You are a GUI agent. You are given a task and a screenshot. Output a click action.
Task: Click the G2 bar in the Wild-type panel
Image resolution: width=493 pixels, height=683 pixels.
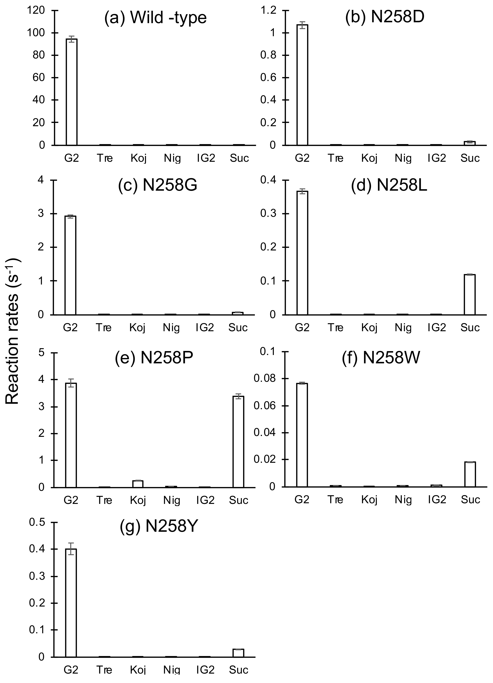pos(72,92)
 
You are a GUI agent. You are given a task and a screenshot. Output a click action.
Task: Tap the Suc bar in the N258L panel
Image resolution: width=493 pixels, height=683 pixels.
pos(470,295)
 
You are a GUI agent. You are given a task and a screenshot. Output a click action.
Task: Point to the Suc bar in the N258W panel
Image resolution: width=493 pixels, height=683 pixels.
pos(470,474)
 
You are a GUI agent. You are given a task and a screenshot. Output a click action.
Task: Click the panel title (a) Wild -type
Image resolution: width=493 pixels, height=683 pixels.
pos(155,18)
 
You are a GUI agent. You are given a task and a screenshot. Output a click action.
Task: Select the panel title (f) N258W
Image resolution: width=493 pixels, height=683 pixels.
pos(381,358)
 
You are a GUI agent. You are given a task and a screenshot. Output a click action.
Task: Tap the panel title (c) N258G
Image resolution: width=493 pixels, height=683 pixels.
pos(158,185)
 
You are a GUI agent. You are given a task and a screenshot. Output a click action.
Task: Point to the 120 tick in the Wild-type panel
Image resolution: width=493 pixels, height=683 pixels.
pos(36,10)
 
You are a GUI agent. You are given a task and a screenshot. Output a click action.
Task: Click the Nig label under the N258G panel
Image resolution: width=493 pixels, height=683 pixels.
pos(171,328)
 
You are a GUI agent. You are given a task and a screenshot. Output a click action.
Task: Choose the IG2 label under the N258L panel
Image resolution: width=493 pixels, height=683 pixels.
pos(437,328)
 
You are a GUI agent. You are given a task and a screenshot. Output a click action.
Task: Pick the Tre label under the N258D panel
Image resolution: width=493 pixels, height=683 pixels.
pos(335,158)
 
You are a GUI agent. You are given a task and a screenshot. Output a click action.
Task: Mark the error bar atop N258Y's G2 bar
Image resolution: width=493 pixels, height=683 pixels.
pos(71,549)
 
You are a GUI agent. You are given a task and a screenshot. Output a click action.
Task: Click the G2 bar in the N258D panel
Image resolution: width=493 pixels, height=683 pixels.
pos(302,85)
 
